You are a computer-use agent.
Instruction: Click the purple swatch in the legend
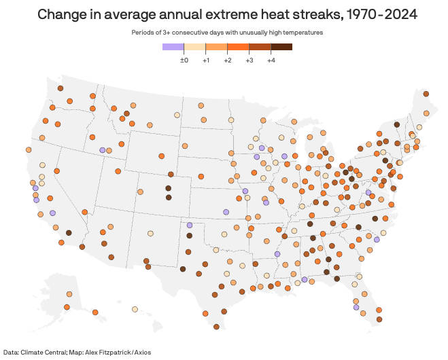coord(173,46)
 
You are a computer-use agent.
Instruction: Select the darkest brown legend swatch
coord(282,46)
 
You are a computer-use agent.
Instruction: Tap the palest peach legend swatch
coord(195,46)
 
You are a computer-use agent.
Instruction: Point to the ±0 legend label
coord(184,60)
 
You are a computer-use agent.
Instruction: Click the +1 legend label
coord(206,60)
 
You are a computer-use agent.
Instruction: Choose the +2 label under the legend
coord(228,60)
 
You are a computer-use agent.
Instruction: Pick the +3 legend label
coord(249,60)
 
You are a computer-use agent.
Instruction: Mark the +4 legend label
coord(271,60)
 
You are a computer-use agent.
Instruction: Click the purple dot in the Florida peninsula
coord(356,307)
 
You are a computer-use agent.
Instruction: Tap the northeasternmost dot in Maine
coord(426,94)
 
